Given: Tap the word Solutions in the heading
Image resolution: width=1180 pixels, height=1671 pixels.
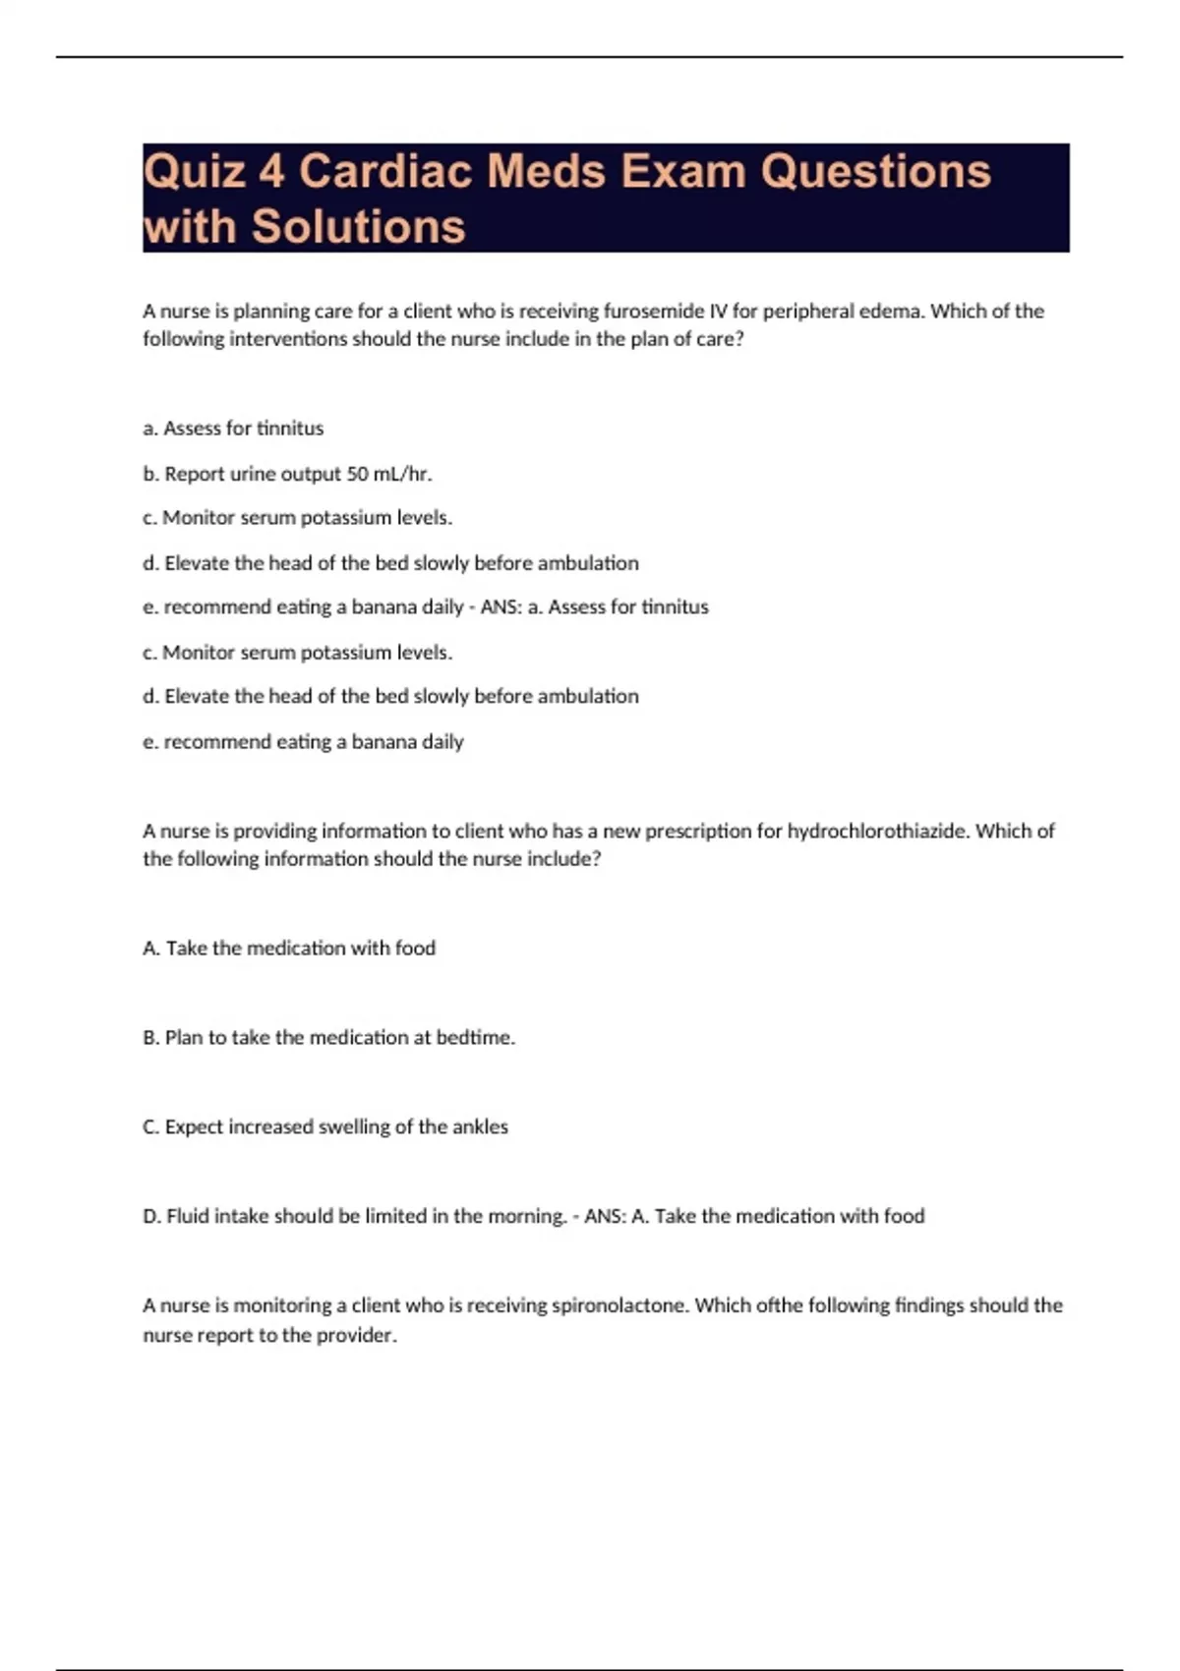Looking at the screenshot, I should [x=358, y=226].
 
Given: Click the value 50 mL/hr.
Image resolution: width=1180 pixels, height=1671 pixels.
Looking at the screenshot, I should [x=389, y=474].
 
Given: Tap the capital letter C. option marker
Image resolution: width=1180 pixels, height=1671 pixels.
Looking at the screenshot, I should [x=150, y=1126].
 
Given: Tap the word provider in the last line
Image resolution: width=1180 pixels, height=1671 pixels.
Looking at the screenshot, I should [x=356, y=1335].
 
